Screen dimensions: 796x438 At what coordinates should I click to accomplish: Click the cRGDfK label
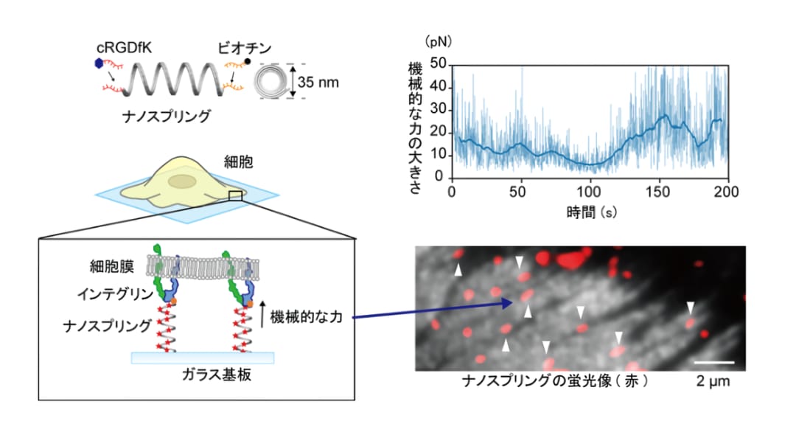click(124, 48)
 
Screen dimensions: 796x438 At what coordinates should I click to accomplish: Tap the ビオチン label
click(244, 48)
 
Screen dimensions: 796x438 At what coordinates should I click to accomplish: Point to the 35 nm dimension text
click(318, 82)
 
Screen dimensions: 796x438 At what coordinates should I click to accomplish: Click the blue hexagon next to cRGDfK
click(99, 63)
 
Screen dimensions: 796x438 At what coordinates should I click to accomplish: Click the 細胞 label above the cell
click(238, 162)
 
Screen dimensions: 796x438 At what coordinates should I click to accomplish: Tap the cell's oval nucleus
click(182, 181)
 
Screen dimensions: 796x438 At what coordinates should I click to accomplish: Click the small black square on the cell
click(235, 195)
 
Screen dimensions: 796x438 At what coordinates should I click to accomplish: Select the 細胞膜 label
click(111, 266)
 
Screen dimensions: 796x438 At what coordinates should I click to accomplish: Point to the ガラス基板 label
click(216, 375)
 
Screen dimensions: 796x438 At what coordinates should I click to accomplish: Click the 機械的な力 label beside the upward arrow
click(306, 317)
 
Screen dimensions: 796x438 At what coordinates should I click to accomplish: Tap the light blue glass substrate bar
click(203, 358)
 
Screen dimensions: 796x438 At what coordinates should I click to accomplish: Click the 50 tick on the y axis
click(438, 63)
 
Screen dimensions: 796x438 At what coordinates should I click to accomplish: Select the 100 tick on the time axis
click(589, 192)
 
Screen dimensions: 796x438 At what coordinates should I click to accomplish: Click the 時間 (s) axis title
click(592, 212)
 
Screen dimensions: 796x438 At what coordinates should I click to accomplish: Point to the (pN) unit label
click(438, 41)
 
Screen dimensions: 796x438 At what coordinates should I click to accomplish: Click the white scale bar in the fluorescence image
click(714, 362)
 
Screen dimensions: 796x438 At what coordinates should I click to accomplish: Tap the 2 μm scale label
click(713, 381)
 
